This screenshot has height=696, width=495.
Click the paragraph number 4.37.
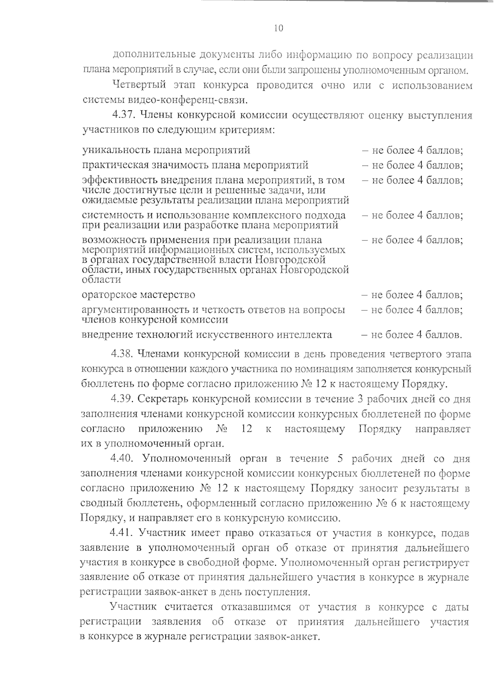coord(124,115)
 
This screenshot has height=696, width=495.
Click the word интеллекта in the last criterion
coord(304,335)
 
